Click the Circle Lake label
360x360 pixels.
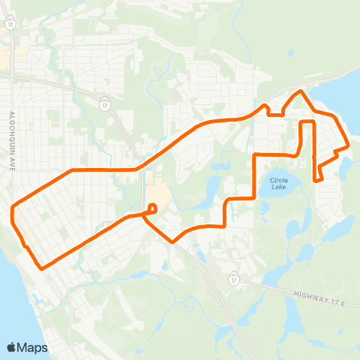tap(278, 183)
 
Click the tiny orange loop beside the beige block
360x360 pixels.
tap(152, 206)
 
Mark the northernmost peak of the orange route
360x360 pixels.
tap(301, 91)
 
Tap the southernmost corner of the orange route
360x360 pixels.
tap(42, 268)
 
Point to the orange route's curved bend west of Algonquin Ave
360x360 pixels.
tap(13, 214)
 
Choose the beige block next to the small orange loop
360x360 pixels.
tap(156, 196)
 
